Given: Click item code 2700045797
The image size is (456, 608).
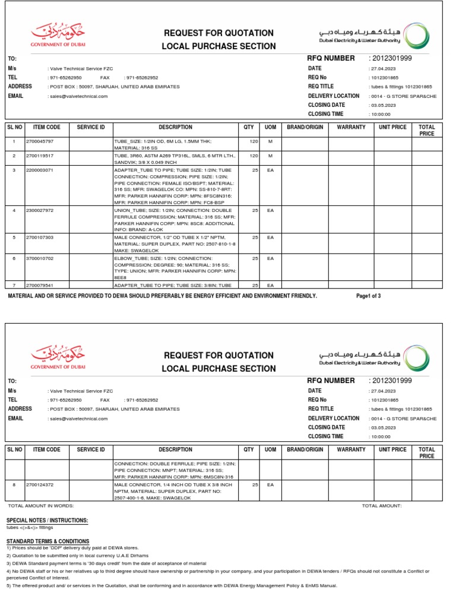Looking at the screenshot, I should [x=40, y=141].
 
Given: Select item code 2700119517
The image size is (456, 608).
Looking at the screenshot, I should [x=40, y=156].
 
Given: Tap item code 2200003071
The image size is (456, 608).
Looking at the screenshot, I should [x=40, y=170].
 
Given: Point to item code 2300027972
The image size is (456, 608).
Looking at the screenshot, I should [x=40, y=211].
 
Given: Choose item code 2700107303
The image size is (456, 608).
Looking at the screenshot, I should [x=40, y=237].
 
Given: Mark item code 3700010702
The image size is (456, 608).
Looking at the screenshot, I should [x=40, y=259].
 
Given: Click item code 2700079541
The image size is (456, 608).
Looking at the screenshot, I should [x=40, y=286].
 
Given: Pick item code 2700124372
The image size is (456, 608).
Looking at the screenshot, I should [x=40, y=485].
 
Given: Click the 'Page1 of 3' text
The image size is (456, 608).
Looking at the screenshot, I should [x=368, y=296].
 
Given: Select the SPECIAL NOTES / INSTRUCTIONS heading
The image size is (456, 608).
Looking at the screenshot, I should [x=47, y=521].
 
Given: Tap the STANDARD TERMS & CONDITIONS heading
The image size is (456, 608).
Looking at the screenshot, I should [x=47, y=541].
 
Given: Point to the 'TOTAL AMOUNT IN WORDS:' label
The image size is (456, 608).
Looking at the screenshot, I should [x=40, y=506].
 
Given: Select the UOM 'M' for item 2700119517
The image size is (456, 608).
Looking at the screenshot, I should [x=270, y=156].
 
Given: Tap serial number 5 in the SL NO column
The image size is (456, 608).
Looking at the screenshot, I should [x=14, y=237].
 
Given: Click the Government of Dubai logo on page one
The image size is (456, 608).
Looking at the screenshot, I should [x=58, y=36].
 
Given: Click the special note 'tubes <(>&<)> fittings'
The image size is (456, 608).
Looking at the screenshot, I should [x=30, y=527].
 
